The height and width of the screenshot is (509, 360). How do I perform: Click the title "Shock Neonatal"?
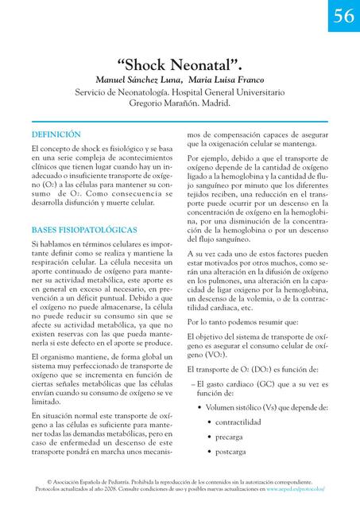pos(180,65)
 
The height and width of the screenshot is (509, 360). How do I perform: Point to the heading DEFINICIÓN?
pos(56,134)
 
